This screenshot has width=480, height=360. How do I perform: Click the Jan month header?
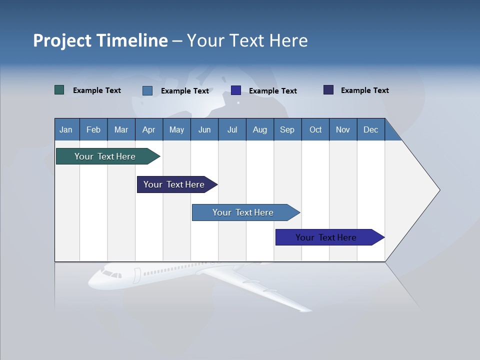(x=66, y=129)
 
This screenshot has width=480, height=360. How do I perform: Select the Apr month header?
(x=148, y=129)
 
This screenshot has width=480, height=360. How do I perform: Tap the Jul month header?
(x=232, y=129)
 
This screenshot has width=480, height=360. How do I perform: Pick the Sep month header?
(x=287, y=129)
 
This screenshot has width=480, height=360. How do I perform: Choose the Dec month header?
(x=370, y=129)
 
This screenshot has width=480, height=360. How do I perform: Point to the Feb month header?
(x=93, y=129)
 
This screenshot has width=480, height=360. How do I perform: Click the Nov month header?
(x=342, y=129)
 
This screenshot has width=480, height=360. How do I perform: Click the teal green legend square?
(x=59, y=90)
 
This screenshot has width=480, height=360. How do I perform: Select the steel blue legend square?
(x=147, y=90)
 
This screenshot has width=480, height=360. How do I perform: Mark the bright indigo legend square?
(x=236, y=90)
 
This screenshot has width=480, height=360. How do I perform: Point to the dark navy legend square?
(x=328, y=90)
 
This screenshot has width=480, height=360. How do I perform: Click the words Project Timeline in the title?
(x=100, y=40)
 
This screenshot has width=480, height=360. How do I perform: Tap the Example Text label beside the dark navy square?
(x=364, y=90)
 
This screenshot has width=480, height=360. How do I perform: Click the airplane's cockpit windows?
(x=111, y=274)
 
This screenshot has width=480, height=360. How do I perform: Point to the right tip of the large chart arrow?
(x=439, y=190)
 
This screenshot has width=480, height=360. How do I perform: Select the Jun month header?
(x=204, y=129)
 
